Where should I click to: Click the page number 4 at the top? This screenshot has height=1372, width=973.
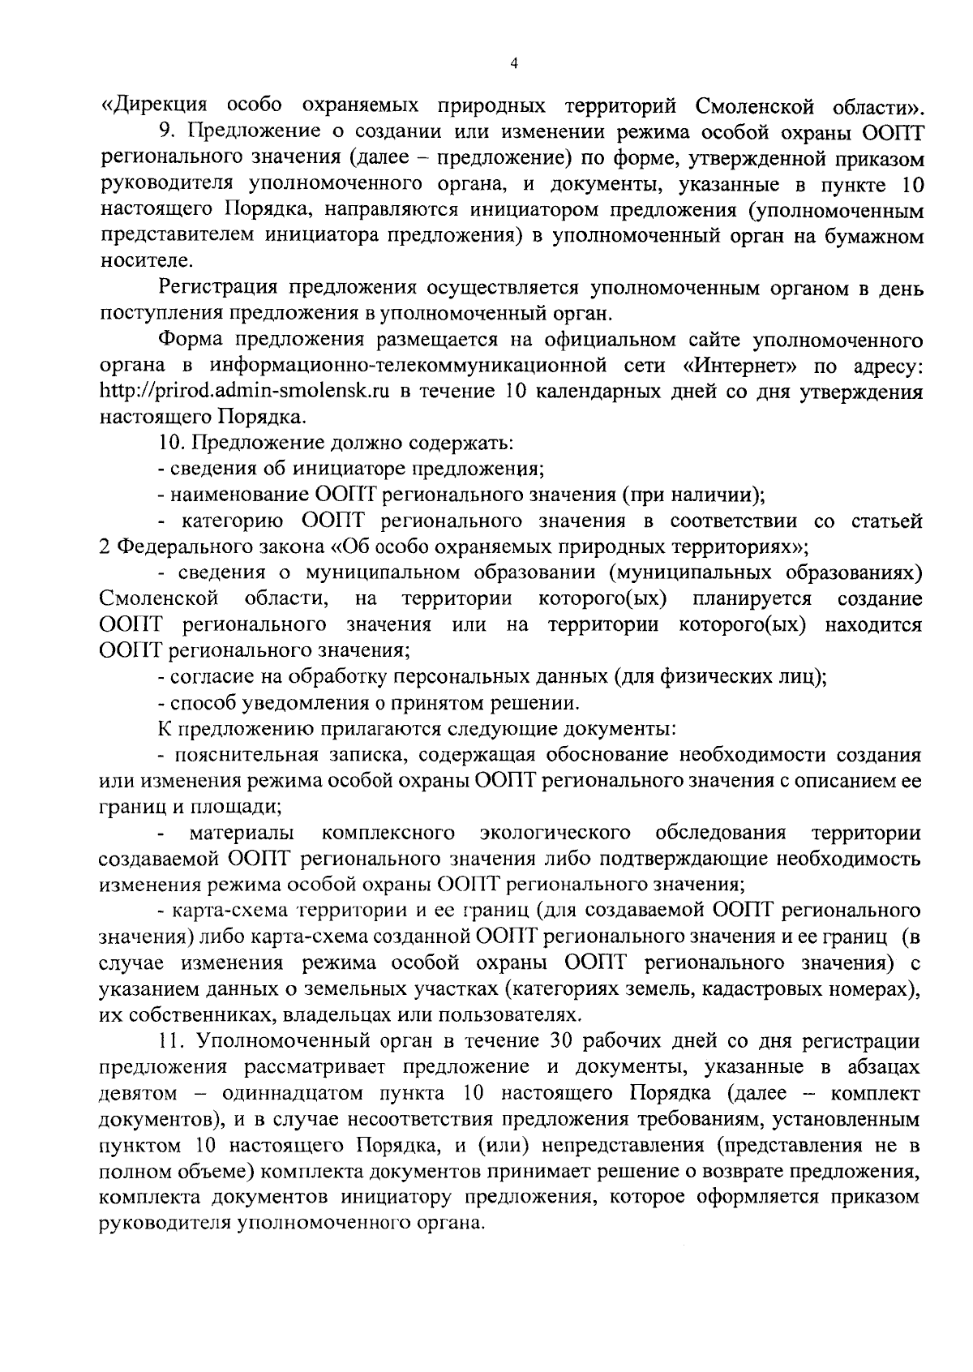[x=514, y=65]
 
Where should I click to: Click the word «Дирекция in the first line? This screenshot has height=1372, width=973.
[x=156, y=105]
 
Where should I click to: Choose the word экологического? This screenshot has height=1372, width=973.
[x=555, y=833]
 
